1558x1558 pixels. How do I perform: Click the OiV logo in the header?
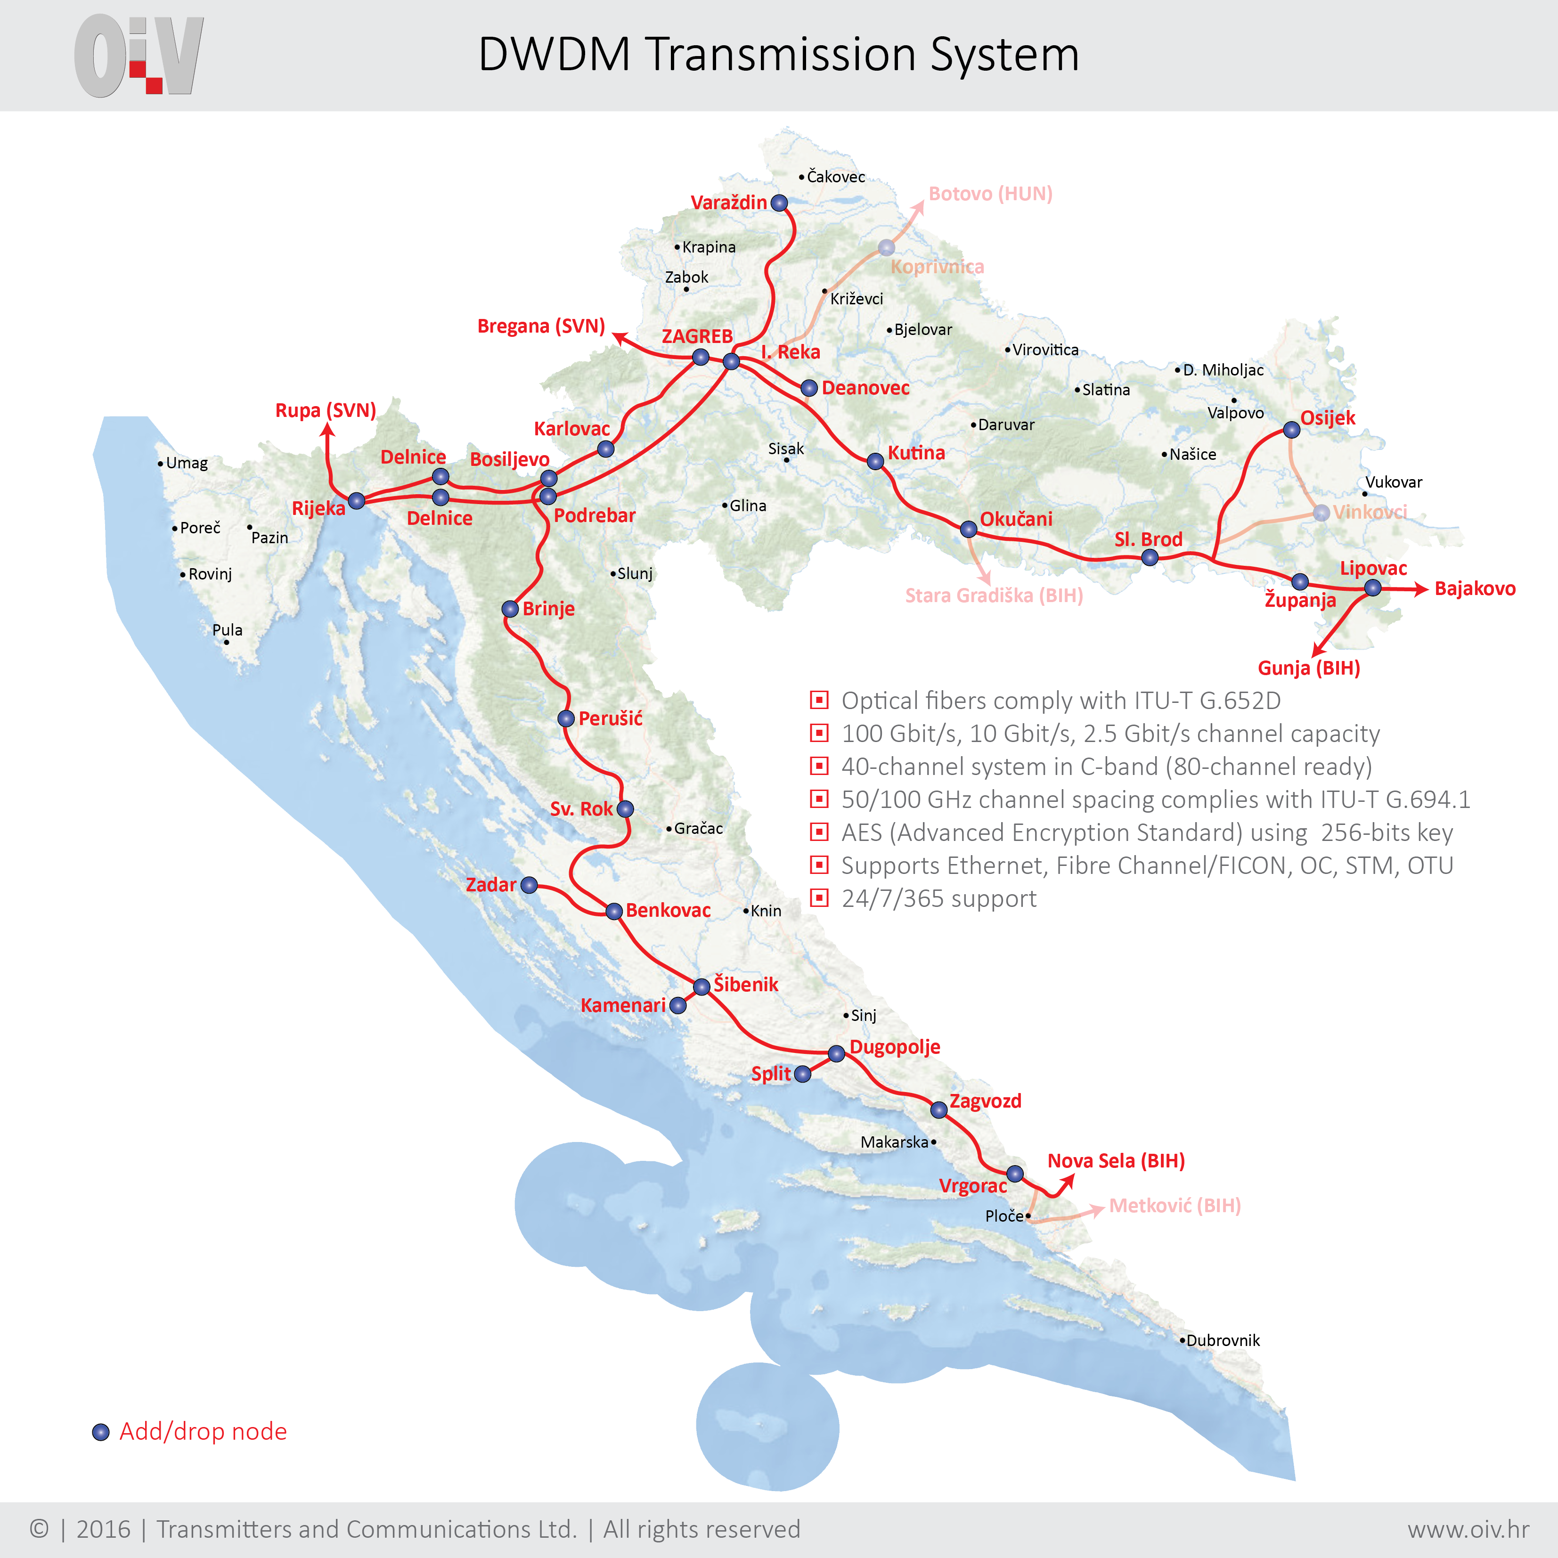tap(139, 55)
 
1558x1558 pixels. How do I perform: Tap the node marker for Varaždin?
tap(779, 203)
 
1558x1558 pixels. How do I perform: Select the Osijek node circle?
tap(1291, 430)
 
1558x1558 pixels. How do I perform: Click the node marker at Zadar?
tap(529, 885)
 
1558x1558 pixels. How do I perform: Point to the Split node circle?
tap(802, 1074)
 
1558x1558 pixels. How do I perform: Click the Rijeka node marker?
tap(357, 501)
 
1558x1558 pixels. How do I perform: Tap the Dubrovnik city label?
tap(1223, 1340)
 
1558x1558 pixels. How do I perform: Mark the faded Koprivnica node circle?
tap(886, 247)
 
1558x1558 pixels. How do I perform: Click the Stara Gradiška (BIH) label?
tap(994, 596)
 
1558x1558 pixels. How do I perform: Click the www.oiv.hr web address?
tap(1468, 1529)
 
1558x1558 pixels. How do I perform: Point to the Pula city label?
tap(228, 630)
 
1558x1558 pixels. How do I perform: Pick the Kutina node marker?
tap(875, 461)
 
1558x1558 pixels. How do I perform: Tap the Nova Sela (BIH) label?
tap(1116, 1161)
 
